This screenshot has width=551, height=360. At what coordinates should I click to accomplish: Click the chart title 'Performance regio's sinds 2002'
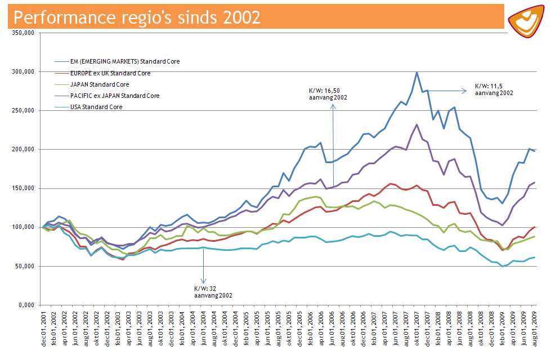[137, 17]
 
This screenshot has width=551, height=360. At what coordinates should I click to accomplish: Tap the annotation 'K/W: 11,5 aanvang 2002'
[494, 89]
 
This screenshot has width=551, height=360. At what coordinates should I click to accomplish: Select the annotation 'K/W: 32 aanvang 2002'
[213, 291]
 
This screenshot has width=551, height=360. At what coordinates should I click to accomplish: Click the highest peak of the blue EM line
[416, 73]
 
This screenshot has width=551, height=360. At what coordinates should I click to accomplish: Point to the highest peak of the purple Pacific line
[416, 125]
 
